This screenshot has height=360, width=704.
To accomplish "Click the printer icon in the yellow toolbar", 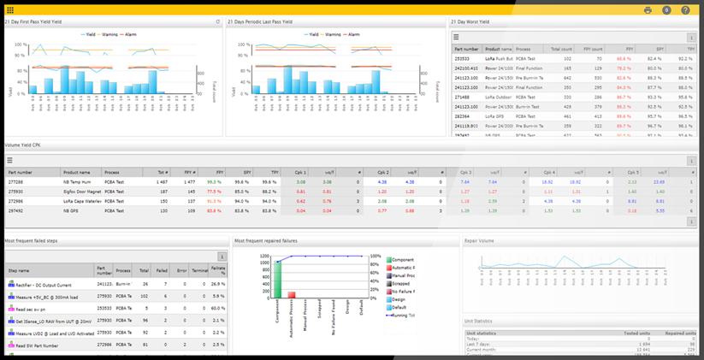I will point(648,10).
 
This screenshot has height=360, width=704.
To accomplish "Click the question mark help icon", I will point(685,10).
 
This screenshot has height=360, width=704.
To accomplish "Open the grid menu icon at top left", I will point(10,10).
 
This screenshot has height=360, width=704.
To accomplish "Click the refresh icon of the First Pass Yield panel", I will point(217,22).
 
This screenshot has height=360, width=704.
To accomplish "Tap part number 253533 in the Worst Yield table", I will point(461,58).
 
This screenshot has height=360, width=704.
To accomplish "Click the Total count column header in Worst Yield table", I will point(562,49).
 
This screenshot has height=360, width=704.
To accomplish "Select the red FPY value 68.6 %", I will point(623,115).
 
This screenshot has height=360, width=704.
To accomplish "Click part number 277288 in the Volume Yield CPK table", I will point(16,181).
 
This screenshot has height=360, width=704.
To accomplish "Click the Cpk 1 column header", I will point(300,172).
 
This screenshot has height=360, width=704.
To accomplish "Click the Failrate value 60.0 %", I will point(218,307).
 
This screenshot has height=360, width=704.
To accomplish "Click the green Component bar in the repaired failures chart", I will point(277,279).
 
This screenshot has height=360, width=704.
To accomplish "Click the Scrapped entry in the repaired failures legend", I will point(401,283).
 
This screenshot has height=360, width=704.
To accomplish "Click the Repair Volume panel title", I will point(478,241).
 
